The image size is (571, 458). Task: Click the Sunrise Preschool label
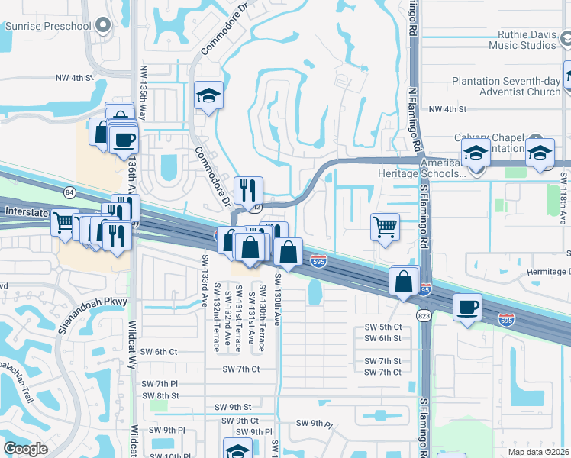(48, 26)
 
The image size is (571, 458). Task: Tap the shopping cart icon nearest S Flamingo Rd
(385, 226)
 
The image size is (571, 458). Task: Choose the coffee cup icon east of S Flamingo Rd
(467, 308)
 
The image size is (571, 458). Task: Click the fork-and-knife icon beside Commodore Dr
(247, 190)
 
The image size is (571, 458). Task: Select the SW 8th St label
(164, 395)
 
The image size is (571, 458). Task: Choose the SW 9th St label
(233, 407)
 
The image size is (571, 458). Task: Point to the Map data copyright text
(539, 451)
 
